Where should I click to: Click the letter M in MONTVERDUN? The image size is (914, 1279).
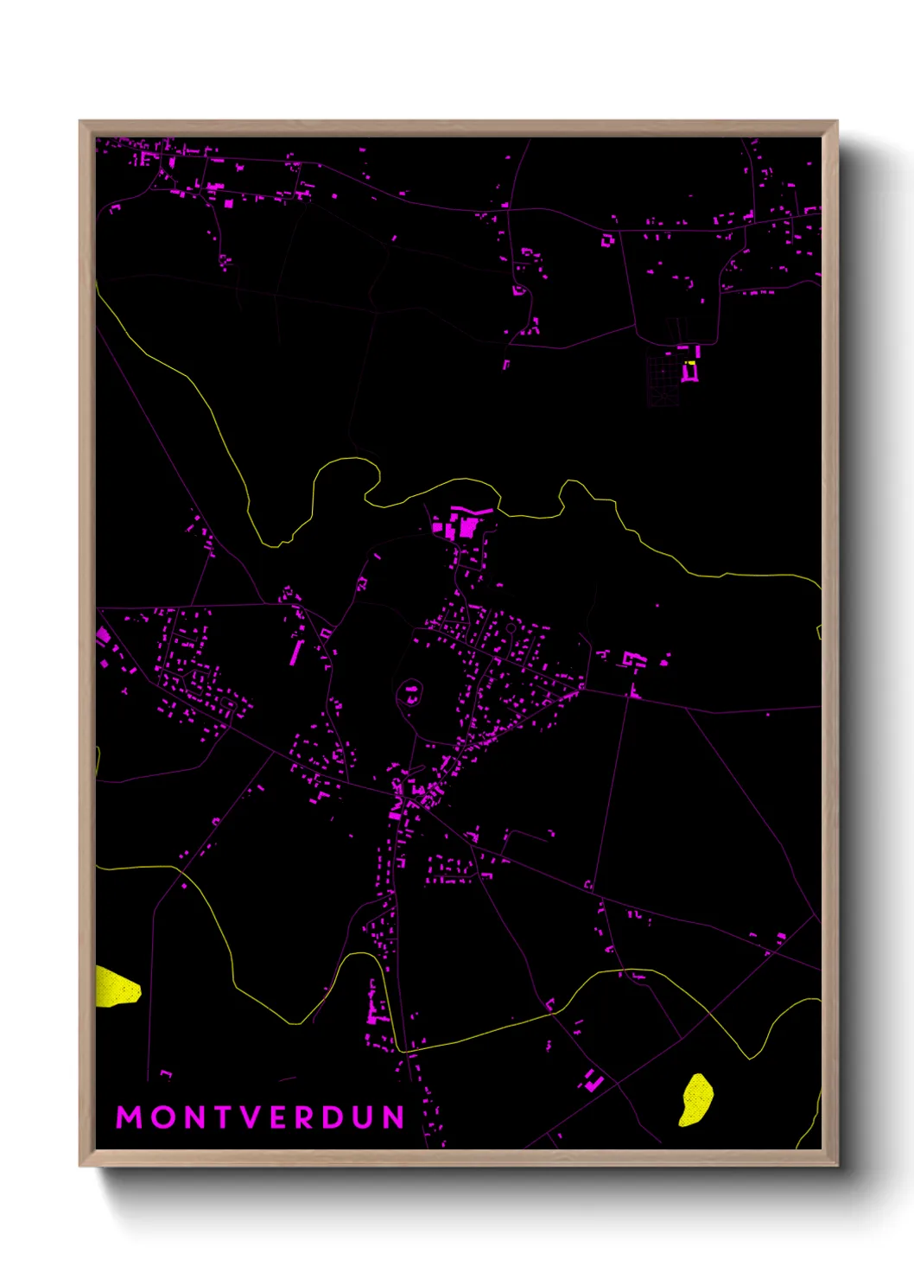[x=129, y=1117]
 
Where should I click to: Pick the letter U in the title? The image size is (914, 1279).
[x=363, y=1117]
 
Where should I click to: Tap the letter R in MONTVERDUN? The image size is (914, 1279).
[x=304, y=1117]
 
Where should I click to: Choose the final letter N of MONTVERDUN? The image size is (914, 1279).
[x=394, y=1117]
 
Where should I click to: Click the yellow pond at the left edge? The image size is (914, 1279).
[x=115, y=987]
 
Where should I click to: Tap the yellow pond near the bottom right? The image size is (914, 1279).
[x=695, y=1100]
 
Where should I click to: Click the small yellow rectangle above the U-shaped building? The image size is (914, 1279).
[x=689, y=362]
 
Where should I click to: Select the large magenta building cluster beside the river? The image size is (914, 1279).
[x=461, y=525]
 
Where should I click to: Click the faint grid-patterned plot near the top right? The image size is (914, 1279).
[x=663, y=380]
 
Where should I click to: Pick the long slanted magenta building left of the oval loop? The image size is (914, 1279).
[x=295, y=652]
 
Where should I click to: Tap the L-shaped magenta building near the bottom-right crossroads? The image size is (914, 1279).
[x=593, y=1080]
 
